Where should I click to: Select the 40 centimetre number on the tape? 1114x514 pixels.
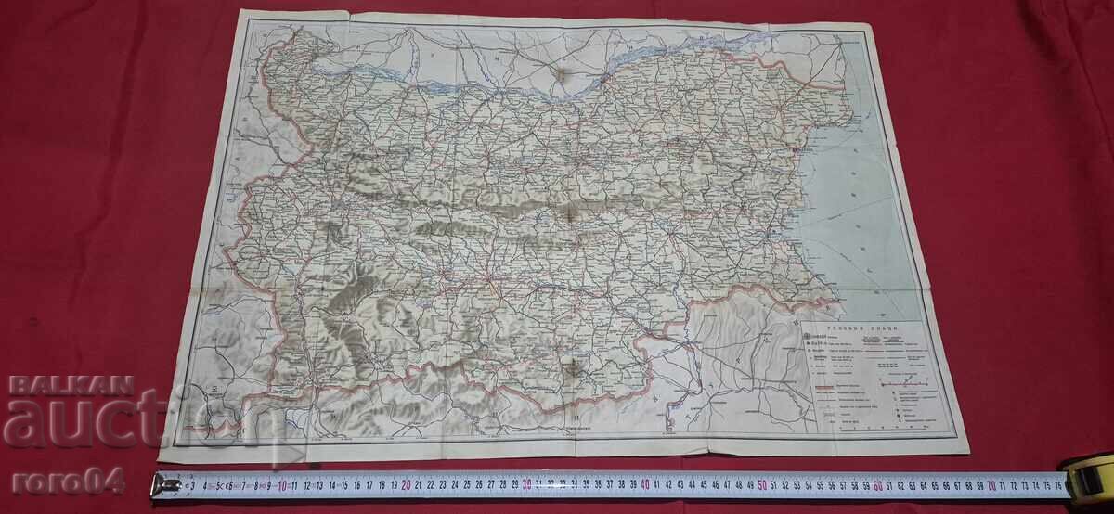(x=644, y=483)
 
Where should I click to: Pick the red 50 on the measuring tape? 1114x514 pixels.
(x=762, y=483)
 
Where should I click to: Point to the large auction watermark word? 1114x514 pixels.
(x=111, y=422)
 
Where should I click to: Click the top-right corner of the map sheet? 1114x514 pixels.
(x=874, y=31)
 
